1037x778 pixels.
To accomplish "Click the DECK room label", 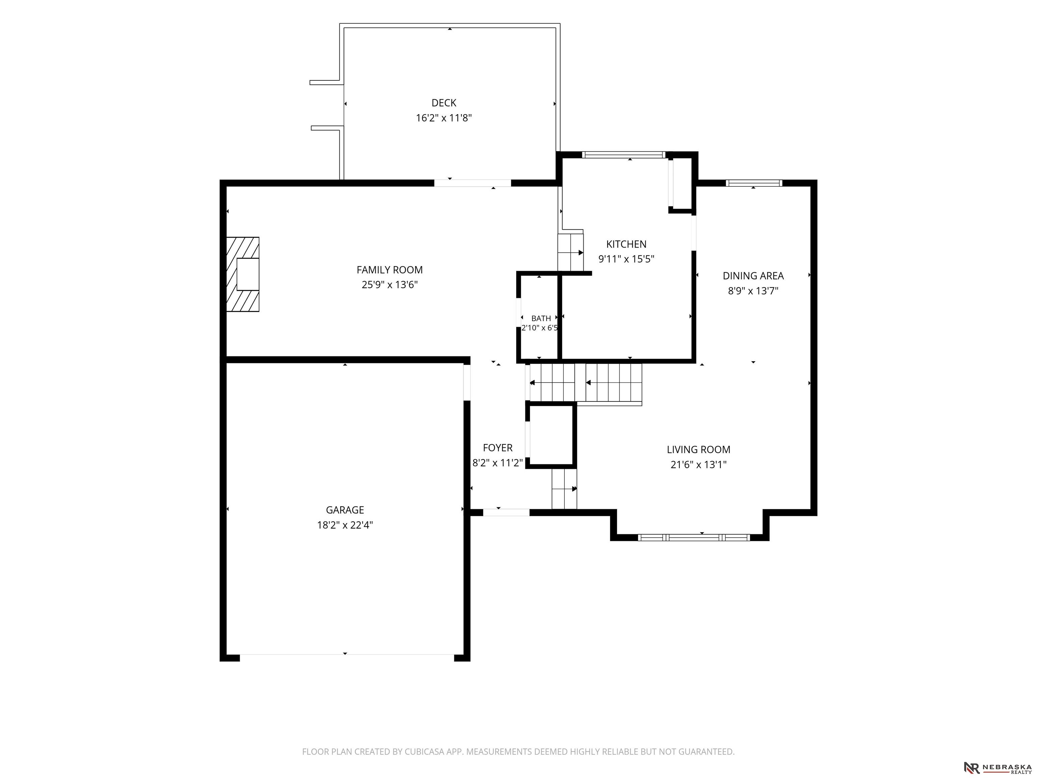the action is pos(444,103).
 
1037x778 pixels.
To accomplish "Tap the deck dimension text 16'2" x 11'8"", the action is pos(444,118).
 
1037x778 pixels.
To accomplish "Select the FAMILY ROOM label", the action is pos(390,270).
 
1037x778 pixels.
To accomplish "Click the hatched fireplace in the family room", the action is pos(243,274).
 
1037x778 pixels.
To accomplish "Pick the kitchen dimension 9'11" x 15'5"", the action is pos(626,259).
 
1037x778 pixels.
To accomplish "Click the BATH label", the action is pos(541,318).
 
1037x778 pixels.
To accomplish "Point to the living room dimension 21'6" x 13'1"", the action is pos(698,464).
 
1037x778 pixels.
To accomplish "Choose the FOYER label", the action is pos(498,448).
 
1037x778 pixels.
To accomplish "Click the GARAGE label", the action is pos(345,510).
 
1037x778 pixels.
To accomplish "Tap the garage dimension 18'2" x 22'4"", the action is pos(345,525).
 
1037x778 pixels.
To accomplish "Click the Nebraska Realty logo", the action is pos(998,768).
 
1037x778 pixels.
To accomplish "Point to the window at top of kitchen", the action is pos(624,155).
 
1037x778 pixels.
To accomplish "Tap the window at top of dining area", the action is pos(754,183).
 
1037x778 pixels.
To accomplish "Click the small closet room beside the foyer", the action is pos(551,435).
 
